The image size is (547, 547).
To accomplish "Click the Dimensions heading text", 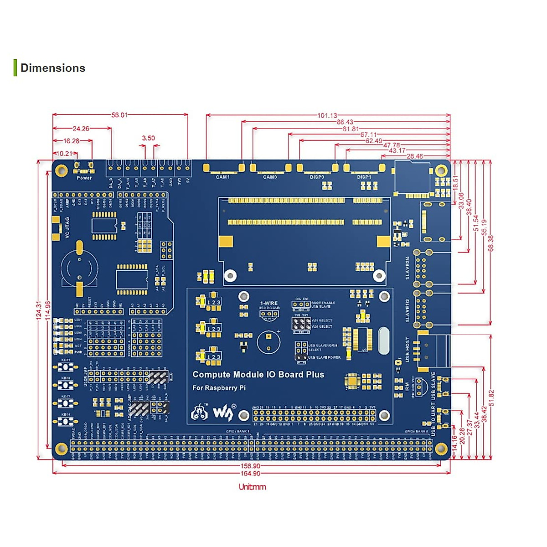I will click(x=53, y=68).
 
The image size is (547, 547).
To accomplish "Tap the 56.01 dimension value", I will click(x=119, y=115).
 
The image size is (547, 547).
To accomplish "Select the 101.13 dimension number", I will click(x=327, y=115).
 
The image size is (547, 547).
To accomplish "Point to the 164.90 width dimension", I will click(x=250, y=473).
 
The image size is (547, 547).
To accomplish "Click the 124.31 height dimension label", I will click(x=39, y=310).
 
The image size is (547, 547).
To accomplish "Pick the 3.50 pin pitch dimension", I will click(x=148, y=138).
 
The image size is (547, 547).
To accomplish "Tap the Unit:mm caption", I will click(x=252, y=487).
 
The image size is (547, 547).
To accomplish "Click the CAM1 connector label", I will click(x=222, y=177).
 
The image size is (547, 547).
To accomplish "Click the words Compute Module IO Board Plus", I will click(x=258, y=375).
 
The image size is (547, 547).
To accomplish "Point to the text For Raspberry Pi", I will click(x=219, y=388).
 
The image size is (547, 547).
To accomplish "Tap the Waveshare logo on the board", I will click(x=223, y=413).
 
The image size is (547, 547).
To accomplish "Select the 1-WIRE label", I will click(x=268, y=303).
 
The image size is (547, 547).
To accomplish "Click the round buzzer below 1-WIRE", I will click(x=268, y=342).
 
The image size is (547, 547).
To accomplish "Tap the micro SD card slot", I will click(x=412, y=178).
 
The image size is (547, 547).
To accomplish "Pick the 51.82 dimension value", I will click(x=491, y=397).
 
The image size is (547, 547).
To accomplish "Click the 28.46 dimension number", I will click(x=414, y=156).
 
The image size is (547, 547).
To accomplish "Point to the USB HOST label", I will click(x=407, y=350).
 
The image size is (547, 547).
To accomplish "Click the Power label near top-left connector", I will click(x=84, y=178).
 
